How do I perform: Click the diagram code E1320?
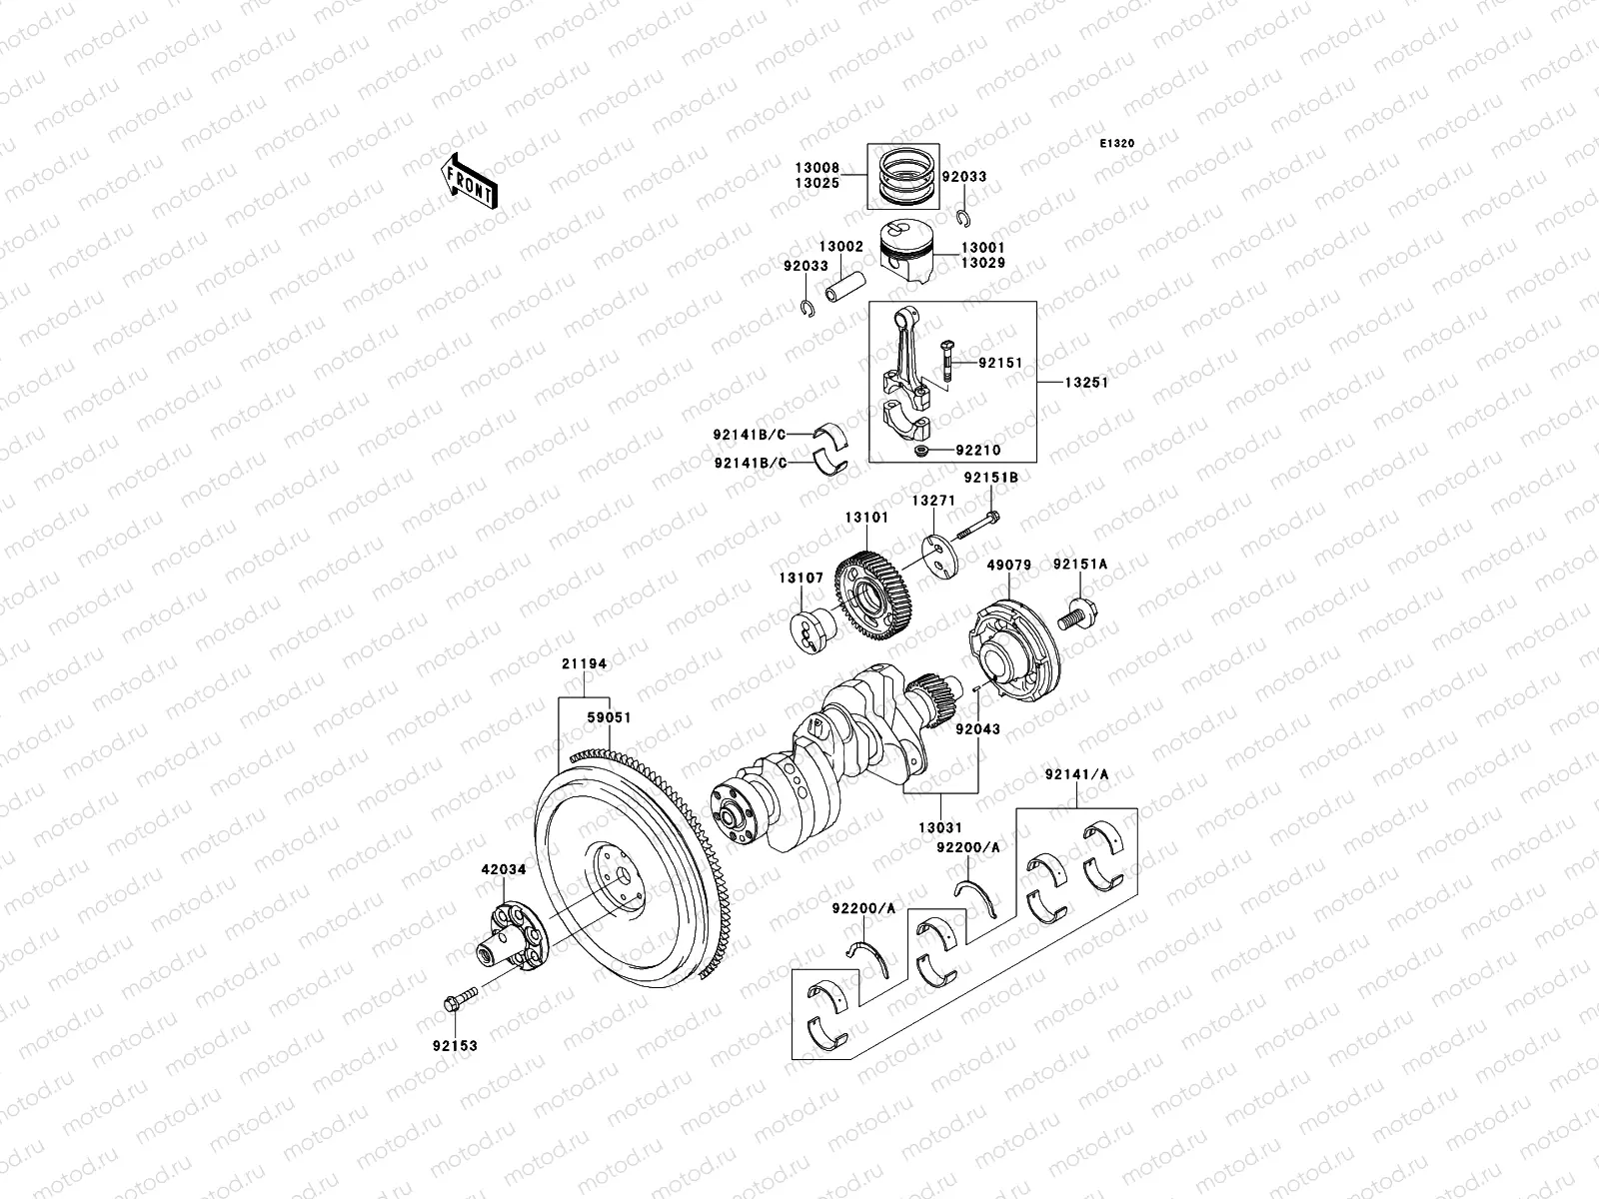click(x=1117, y=144)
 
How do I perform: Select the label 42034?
click(x=503, y=869)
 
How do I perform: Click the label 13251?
click(x=1085, y=382)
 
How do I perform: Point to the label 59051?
click(x=609, y=717)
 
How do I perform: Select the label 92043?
click(x=976, y=730)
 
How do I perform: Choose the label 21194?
click(x=584, y=663)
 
